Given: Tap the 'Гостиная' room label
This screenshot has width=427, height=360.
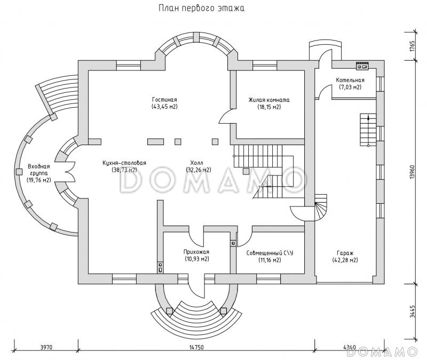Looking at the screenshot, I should [x=164, y=100].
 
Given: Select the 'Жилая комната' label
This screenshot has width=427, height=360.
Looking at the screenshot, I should [x=268, y=100].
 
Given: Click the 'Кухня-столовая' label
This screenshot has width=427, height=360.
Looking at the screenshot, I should [x=125, y=163].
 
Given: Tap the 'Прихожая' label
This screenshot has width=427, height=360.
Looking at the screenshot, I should [x=197, y=252].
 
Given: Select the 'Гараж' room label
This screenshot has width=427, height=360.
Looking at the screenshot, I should [x=344, y=253].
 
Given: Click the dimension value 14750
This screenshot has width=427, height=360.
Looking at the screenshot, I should [x=195, y=347].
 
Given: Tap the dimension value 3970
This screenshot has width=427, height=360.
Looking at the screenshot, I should [x=46, y=347].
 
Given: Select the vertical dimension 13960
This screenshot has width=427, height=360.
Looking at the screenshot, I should [x=412, y=171].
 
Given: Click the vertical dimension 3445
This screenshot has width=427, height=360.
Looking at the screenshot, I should [x=412, y=311].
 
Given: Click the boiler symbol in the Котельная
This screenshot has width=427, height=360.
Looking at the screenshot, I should [x=362, y=66].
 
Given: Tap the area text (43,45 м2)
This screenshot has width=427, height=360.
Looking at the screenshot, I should [x=164, y=107].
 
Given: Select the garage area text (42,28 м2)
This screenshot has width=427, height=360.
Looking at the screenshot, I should [x=344, y=260].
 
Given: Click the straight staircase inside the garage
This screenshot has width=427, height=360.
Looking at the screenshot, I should [x=367, y=129].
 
